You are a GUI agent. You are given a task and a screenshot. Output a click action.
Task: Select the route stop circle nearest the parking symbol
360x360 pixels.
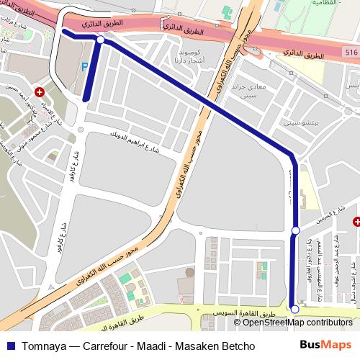point(100,41)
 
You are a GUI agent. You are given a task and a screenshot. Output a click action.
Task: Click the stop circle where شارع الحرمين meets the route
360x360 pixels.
point(295,230)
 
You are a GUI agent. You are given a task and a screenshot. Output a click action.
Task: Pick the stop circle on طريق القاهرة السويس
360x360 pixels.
point(294,309)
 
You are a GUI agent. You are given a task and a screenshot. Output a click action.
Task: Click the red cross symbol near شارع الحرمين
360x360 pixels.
point(356,222)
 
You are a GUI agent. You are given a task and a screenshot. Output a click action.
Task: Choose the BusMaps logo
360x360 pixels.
point(325,345)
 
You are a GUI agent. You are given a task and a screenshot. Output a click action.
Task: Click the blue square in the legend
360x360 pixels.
point(8,346)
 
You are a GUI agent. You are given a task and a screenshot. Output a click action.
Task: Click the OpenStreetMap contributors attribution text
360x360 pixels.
point(298,323)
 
